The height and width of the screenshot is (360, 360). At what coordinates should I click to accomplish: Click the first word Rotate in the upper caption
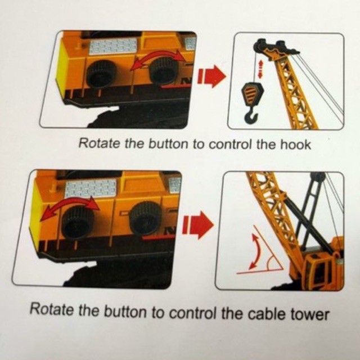99,143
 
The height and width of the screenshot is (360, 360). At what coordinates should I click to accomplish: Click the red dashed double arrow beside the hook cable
260,69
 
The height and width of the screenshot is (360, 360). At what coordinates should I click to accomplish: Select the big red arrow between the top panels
212,76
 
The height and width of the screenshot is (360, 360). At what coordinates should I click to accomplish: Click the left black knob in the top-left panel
101,74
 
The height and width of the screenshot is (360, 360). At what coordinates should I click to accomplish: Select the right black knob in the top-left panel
164,70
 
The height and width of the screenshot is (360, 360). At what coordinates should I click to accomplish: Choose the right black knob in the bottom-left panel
146,218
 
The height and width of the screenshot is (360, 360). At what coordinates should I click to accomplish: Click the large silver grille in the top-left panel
113,46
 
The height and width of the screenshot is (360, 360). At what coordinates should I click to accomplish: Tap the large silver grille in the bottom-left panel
91,188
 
